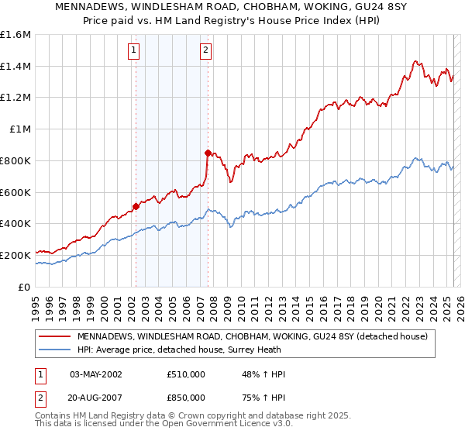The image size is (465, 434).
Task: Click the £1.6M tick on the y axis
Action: [x=15, y=35]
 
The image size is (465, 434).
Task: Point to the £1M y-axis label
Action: [x=19, y=129]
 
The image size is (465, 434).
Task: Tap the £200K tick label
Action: [x=15, y=255]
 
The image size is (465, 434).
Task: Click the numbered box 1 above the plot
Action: [x=134, y=51]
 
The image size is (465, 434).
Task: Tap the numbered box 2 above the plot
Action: [x=206, y=51]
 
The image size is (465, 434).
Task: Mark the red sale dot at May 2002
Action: [x=136, y=206]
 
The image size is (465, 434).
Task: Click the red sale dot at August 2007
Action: [x=208, y=153]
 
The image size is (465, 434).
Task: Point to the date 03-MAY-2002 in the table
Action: [x=96, y=374]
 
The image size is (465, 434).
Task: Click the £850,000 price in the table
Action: [x=186, y=397]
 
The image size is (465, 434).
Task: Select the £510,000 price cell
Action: [x=186, y=374]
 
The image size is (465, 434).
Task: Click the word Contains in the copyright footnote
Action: [x=54, y=416]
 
